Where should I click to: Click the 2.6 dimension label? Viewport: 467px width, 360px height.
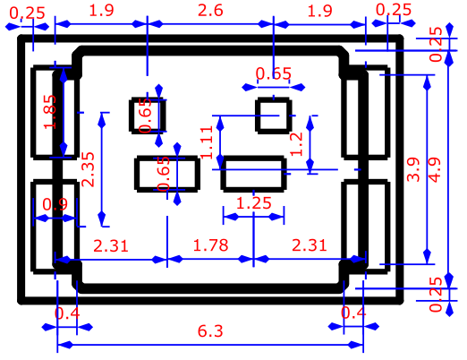pyautogui.click(x=210, y=11)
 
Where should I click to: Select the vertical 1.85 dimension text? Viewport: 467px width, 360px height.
pyautogui.click(x=50, y=112)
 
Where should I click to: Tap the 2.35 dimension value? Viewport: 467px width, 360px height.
pyautogui.click(x=88, y=169)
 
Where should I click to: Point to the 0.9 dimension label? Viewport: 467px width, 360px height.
pyautogui.click(x=55, y=204)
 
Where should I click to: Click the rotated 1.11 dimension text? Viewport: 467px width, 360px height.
pyautogui.click(x=207, y=142)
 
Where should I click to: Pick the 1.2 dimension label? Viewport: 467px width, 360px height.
pyautogui.click(x=296, y=144)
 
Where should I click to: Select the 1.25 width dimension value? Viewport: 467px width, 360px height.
pyautogui.click(x=253, y=203)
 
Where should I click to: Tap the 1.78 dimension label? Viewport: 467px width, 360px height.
pyautogui.click(x=210, y=245)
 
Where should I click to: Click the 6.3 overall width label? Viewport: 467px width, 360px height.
pyautogui.click(x=210, y=331)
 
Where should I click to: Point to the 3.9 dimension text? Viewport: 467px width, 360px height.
pyautogui.click(x=413, y=169)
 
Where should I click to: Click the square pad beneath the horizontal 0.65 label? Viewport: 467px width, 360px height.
pyautogui.click(x=274, y=116)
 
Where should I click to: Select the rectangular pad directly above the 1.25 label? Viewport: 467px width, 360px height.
pyautogui.click(x=253, y=174)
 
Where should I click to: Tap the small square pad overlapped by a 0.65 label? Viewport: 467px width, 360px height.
pyautogui.click(x=148, y=116)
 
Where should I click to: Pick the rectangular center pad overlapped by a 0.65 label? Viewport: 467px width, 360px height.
pyautogui.click(x=167, y=174)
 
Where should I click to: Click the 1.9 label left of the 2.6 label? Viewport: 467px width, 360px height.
pyautogui.click(x=101, y=11)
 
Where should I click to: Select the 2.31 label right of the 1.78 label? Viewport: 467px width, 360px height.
pyautogui.click(x=310, y=245)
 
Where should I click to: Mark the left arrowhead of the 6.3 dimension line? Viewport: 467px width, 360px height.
pyautogui.click(x=64, y=345)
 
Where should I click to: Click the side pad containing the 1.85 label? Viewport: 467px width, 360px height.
pyautogui.click(x=55, y=112)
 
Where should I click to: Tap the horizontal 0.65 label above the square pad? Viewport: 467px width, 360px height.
pyautogui.click(x=274, y=73)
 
